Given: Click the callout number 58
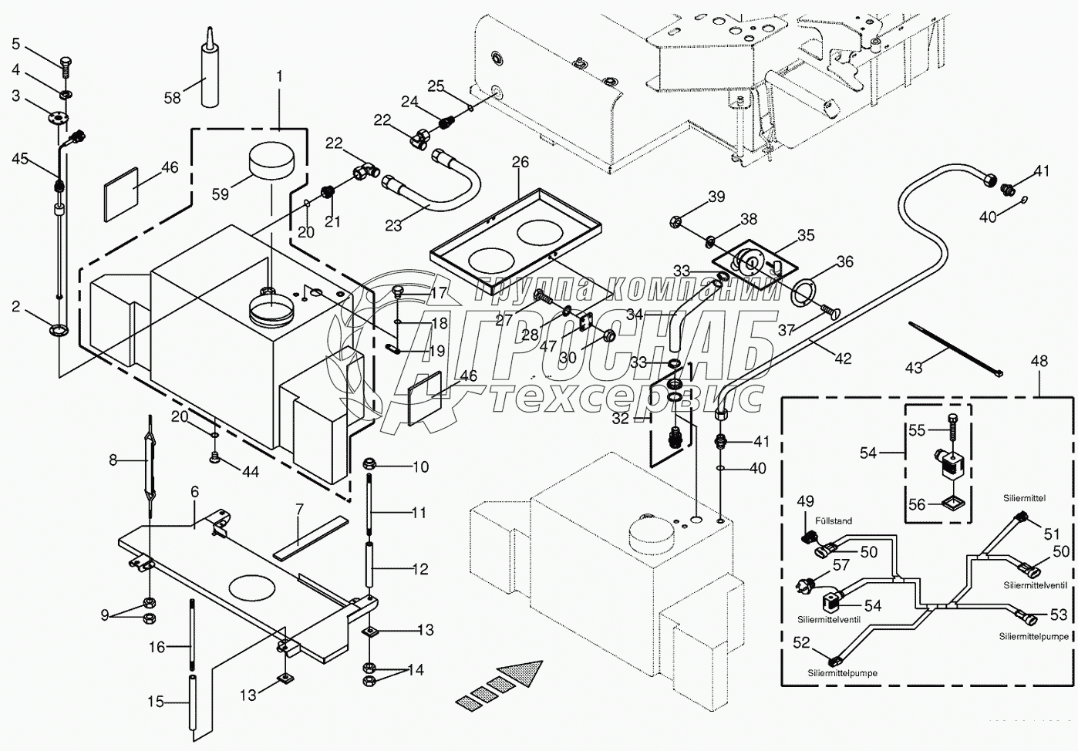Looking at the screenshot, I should pyautogui.click(x=173, y=97).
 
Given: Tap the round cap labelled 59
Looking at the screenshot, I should pyautogui.click(x=271, y=163).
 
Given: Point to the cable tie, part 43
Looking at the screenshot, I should pyautogui.click(x=956, y=349).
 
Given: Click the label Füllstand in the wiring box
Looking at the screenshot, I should pyautogui.click(x=833, y=520).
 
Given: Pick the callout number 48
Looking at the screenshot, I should pyautogui.click(x=1039, y=361).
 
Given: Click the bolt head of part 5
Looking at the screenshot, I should pyautogui.click(x=65, y=62).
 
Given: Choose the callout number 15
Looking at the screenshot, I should pyautogui.click(x=157, y=702).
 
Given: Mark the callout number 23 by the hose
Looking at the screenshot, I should pyautogui.click(x=393, y=225).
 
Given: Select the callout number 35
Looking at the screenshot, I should pyautogui.click(x=806, y=234).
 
